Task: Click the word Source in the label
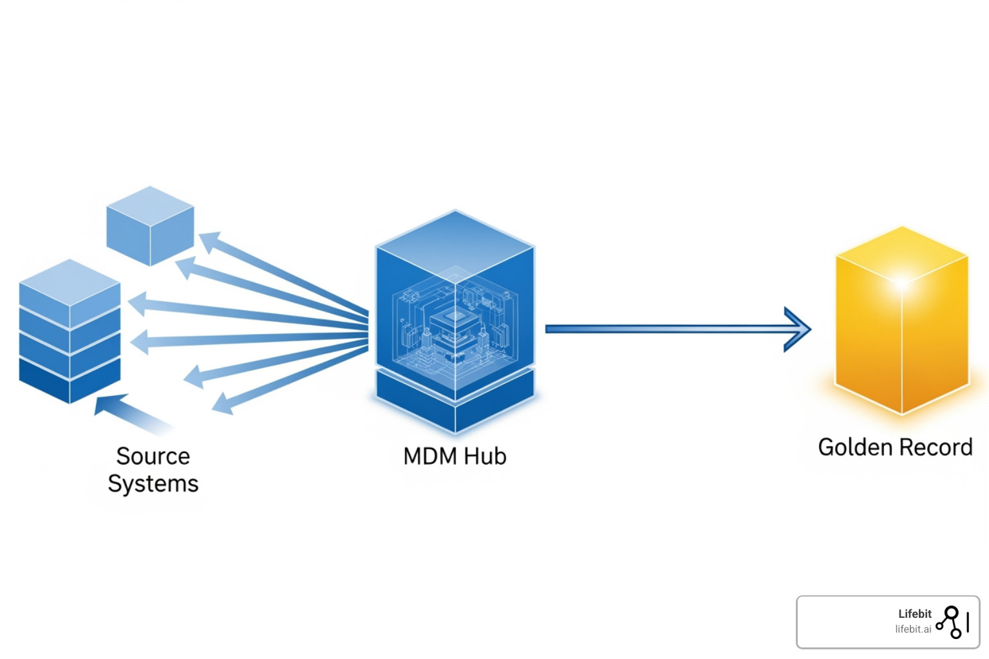[x=153, y=456]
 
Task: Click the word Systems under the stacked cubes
[x=153, y=484]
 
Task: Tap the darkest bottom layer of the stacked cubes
[x=70, y=381]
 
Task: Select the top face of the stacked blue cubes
[x=70, y=282]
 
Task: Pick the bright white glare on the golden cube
[x=901, y=282]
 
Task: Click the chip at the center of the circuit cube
[x=455, y=319]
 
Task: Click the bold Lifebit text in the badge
[x=914, y=614]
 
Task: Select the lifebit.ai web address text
[x=912, y=629]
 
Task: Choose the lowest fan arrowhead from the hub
[x=223, y=404]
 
